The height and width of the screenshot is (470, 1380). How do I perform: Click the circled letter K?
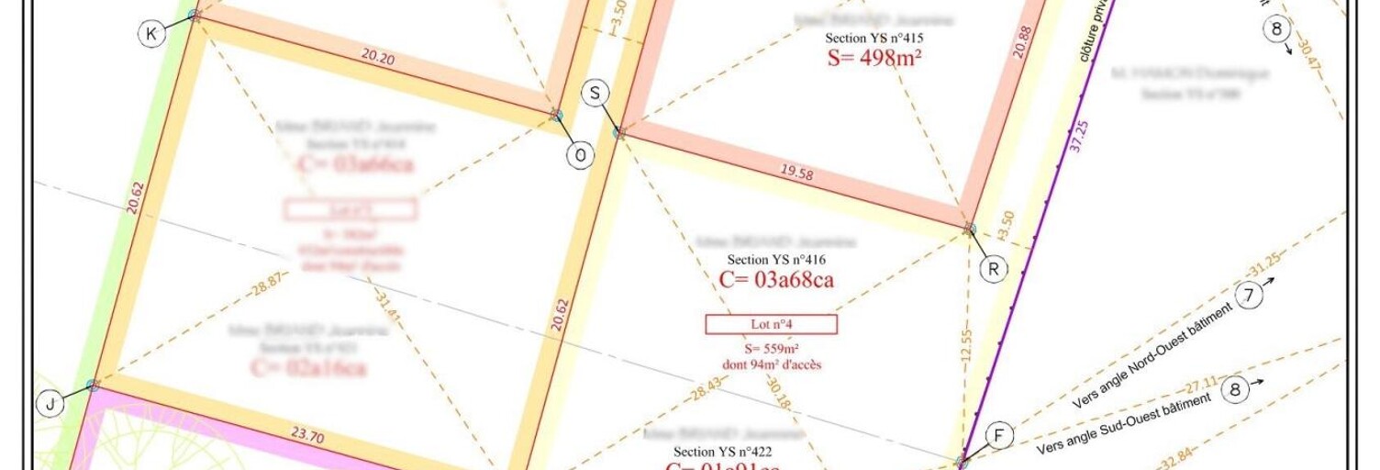(x=151, y=35)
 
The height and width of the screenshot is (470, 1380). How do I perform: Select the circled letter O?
(x=579, y=156)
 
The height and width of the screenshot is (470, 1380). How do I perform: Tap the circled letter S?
(x=595, y=93)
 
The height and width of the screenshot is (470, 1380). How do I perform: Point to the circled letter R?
(x=993, y=269)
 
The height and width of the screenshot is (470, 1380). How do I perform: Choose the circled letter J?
(x=49, y=403)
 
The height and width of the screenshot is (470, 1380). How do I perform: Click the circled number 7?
(x=1249, y=296)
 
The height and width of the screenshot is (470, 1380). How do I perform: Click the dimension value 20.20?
(x=378, y=56)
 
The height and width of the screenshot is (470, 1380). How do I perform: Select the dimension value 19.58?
(x=796, y=172)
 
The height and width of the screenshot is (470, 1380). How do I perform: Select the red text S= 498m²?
(x=874, y=58)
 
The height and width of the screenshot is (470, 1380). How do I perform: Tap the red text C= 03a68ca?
(x=776, y=280)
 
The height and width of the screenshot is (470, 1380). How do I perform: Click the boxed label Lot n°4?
(x=771, y=324)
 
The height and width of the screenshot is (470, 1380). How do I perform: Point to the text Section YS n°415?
(x=874, y=39)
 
